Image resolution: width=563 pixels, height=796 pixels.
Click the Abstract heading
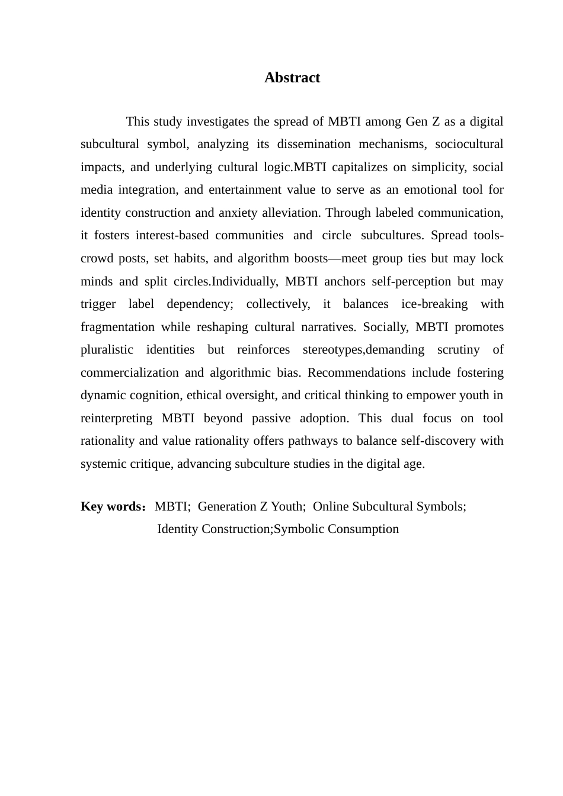pyautogui.click(x=292, y=78)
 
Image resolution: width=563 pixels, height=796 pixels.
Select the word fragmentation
pyautogui.click(x=117, y=327)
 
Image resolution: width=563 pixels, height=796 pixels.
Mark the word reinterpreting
pyautogui.click(x=116, y=418)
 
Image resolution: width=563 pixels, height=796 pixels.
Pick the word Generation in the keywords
pyautogui.click(x=227, y=507)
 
